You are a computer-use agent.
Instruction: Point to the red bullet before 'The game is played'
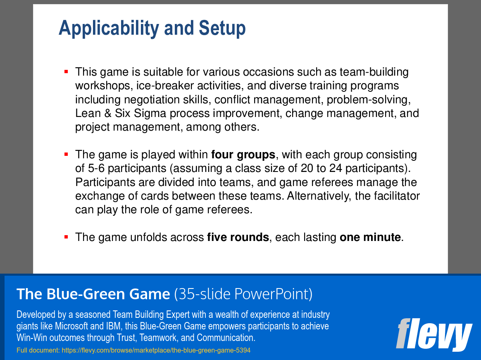point(66,155)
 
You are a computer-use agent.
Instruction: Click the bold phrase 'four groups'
point(243,155)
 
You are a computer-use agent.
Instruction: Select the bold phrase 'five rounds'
point(238,237)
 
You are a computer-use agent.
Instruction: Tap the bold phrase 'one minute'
point(370,237)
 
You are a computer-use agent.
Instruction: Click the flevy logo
point(433,334)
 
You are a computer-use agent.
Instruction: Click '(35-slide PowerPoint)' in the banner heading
point(243,294)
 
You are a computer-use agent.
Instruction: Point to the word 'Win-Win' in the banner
point(31,337)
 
